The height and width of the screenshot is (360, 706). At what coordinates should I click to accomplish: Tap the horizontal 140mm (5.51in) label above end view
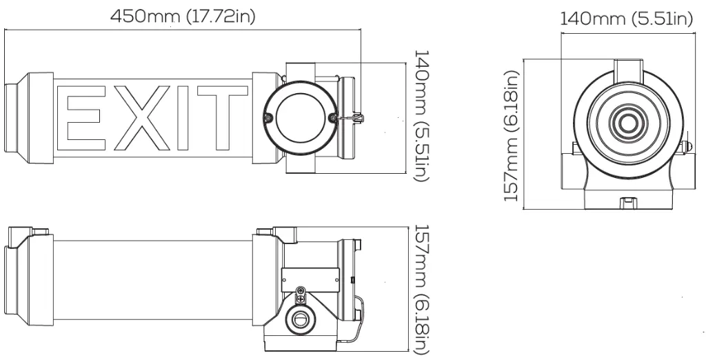click(626, 19)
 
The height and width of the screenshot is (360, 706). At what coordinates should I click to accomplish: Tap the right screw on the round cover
click(334, 118)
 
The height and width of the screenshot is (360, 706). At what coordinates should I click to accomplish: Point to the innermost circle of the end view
click(628, 123)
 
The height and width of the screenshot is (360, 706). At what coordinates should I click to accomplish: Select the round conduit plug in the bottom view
click(301, 319)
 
